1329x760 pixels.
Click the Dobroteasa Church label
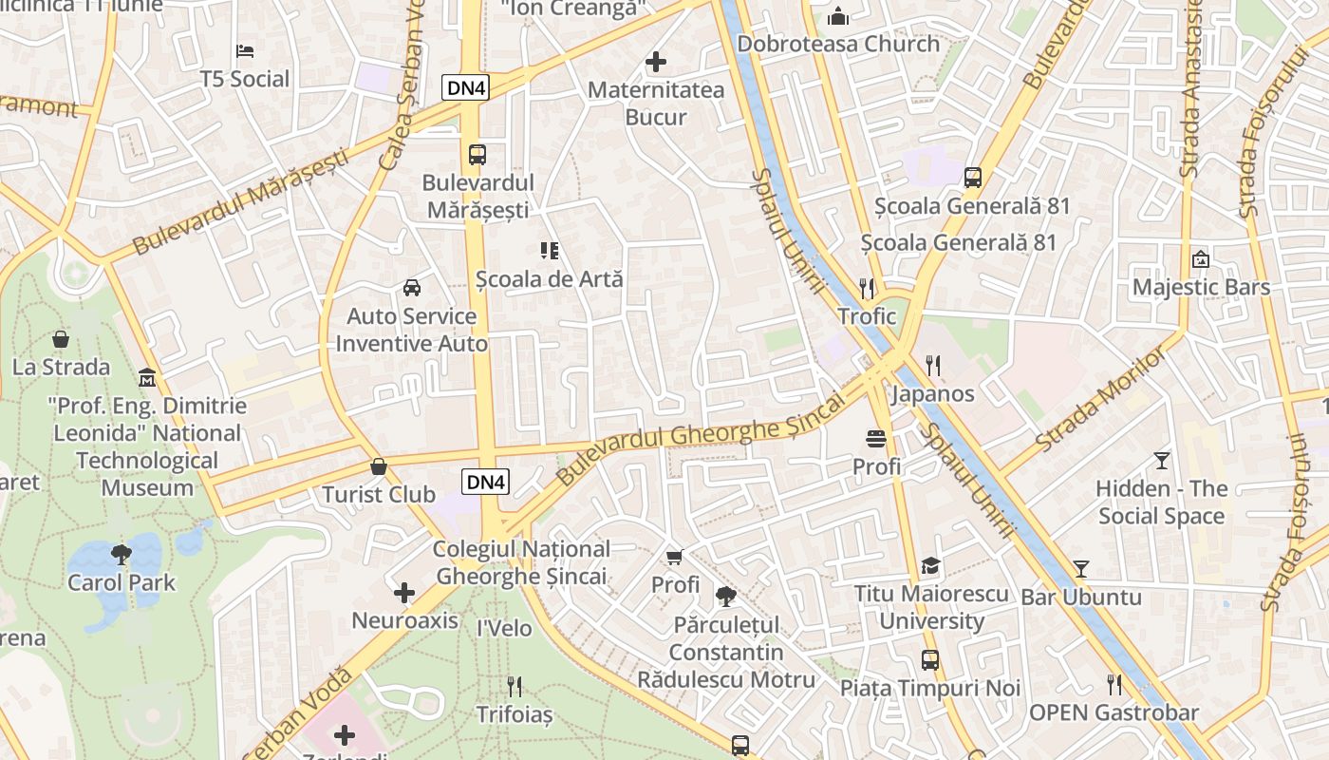838,44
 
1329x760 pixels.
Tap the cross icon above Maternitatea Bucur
655,63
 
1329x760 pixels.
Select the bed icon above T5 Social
245,50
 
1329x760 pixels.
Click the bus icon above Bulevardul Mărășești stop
477,154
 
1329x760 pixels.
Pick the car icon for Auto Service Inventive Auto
412,288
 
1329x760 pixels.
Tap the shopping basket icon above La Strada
61,339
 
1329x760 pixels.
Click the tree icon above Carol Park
121,553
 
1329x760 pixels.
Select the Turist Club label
379,494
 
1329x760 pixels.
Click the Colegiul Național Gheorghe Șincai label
521,562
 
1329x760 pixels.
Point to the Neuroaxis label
404,621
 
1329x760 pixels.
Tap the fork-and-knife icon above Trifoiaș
514,686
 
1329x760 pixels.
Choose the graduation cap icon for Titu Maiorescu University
930,566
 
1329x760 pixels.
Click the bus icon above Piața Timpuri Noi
930,660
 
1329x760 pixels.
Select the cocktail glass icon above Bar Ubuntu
1080,569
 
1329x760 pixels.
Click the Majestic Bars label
1201,288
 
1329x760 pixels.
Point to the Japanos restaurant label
932,393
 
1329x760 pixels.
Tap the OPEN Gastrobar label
1114,712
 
